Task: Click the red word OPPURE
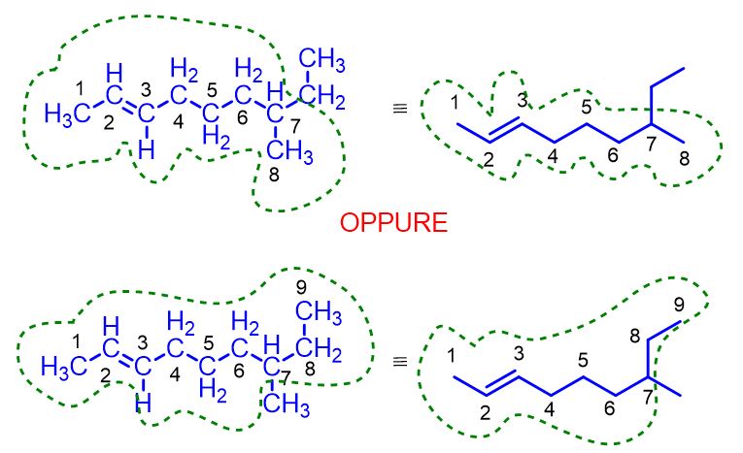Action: tap(394, 223)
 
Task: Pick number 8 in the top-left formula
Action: tap(274, 174)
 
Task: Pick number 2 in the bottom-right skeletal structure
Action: tap(486, 411)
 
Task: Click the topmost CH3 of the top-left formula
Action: tap(322, 62)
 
